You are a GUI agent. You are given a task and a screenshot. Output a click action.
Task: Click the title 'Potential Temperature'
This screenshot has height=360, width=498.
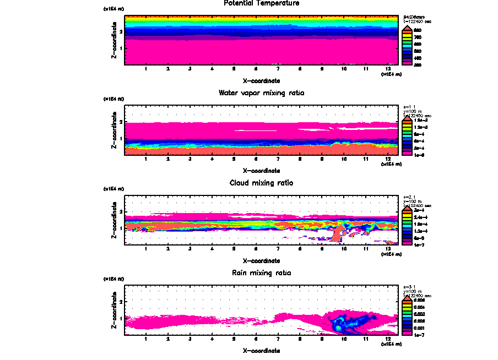(x=262, y=3)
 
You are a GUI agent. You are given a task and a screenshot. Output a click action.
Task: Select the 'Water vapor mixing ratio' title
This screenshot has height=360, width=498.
(x=262, y=93)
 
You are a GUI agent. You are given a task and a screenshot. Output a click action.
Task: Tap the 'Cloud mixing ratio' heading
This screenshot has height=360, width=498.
(x=262, y=183)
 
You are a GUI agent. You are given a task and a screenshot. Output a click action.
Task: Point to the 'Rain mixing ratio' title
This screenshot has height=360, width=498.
(x=262, y=272)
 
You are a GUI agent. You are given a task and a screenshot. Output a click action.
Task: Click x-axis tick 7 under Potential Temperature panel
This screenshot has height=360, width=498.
(x=278, y=69)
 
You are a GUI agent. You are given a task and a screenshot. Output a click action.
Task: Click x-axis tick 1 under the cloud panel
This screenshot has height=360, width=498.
(x=146, y=249)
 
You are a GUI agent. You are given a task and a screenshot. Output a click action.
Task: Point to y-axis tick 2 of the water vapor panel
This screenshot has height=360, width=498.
(x=120, y=122)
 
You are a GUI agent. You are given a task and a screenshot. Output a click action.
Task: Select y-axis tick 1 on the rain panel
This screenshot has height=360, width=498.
(x=120, y=318)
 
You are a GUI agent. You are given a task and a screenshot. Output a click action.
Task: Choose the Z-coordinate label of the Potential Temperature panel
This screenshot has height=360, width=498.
(x=113, y=40)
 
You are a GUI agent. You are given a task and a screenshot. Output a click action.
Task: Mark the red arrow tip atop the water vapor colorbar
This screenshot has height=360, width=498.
(x=407, y=117)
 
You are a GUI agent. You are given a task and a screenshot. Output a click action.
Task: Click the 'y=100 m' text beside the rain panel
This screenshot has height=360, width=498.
(x=414, y=291)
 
